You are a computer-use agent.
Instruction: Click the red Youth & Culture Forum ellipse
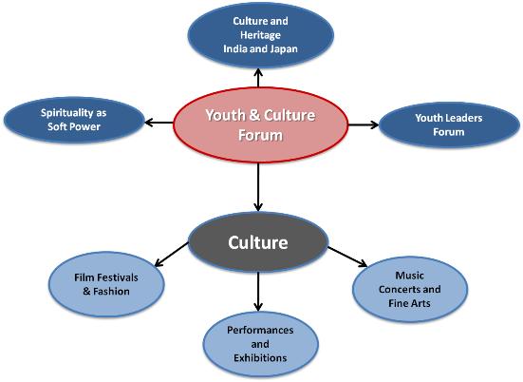pos(260,124)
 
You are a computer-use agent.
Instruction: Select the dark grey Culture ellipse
pos(258,242)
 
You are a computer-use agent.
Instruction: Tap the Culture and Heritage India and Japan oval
pos(260,35)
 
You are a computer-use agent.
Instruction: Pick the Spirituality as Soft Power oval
pos(74,120)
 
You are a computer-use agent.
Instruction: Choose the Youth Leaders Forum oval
pos(449,124)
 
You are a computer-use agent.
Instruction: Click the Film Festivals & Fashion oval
pos(106,284)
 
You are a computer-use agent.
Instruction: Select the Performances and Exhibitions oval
pos(260,344)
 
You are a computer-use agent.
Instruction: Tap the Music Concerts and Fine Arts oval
pos(410,289)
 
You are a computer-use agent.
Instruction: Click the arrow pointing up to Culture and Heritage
pos(258,78)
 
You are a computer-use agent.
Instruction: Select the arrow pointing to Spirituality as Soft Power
pos(159,123)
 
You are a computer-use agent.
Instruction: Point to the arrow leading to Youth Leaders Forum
pos(364,124)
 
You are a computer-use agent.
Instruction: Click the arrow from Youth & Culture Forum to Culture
pos(258,187)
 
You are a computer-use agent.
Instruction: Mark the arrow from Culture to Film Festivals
pos(172,255)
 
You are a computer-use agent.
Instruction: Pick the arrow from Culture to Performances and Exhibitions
pos(258,292)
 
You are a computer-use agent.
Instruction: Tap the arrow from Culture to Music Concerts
pos(347,257)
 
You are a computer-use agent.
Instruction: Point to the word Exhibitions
pos(260,358)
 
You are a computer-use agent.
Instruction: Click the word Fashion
pos(111,292)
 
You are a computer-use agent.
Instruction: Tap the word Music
pos(410,276)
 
